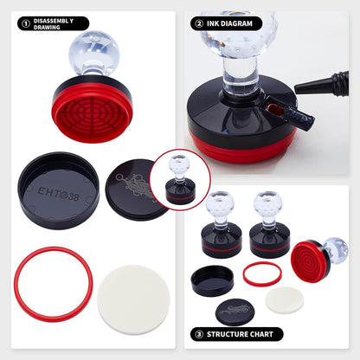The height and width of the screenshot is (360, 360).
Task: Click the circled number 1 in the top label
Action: pos(24,23)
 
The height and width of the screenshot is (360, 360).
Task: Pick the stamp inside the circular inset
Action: pos(180,179)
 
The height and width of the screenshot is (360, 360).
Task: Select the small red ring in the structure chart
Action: pos(261,273)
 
